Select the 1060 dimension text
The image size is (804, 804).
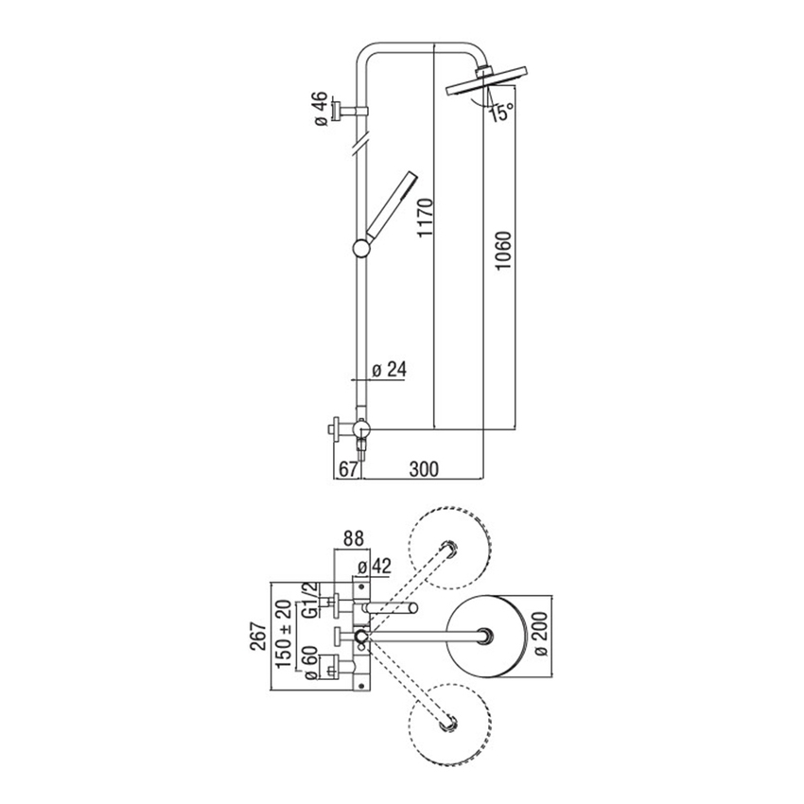(x=504, y=253)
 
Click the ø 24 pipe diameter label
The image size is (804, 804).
(x=388, y=370)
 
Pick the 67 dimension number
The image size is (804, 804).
(x=346, y=468)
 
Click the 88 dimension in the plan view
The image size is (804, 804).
(x=353, y=539)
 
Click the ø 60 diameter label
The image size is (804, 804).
(x=307, y=662)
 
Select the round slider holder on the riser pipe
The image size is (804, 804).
(x=360, y=250)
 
